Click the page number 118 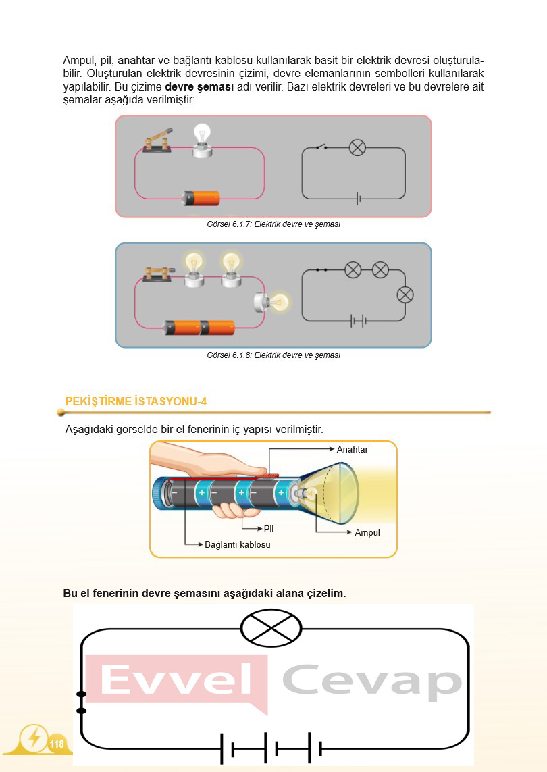tap(57, 744)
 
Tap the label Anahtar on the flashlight tap(352, 449)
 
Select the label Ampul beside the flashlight tap(367, 532)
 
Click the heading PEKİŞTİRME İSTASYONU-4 tap(136, 401)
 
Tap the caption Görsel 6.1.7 tap(273, 224)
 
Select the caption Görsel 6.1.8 tap(273, 355)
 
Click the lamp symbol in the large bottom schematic tap(271, 627)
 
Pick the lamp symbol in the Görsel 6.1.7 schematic tap(357, 147)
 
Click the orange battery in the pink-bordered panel tap(202, 198)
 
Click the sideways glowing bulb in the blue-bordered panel tap(270, 301)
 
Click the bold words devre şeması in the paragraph tap(199, 88)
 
